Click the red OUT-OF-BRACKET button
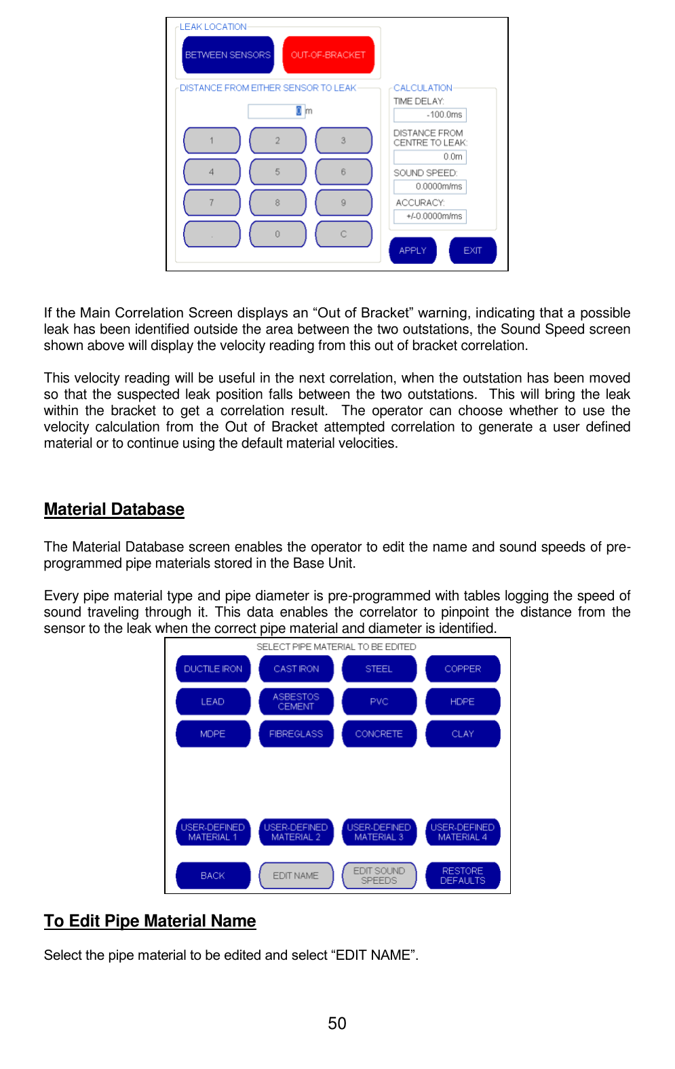328,55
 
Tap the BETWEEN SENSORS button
228,55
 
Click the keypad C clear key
343,234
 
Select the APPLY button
412,250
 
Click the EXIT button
473,250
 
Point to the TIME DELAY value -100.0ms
430,115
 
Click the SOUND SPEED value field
430,187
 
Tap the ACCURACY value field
430,216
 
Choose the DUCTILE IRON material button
213,669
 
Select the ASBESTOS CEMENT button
296,701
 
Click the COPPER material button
463,669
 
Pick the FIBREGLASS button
296,734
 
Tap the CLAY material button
463,734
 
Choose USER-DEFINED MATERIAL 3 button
379,832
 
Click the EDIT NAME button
296,876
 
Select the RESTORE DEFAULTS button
463,876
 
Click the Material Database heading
114,509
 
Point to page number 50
337,1024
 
